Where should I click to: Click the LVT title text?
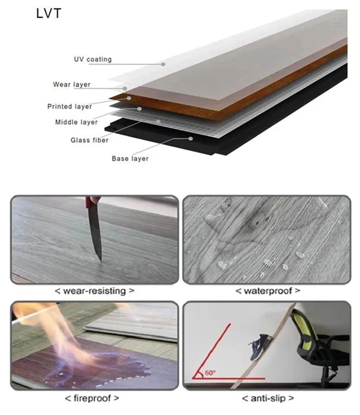click(48, 13)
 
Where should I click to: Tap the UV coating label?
click(93, 59)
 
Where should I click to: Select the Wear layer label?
click(72, 84)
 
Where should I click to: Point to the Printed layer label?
click(70, 107)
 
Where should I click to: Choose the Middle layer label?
click(76, 122)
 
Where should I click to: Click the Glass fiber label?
click(89, 140)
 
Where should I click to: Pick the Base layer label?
click(130, 158)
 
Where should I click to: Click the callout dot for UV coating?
click(163, 64)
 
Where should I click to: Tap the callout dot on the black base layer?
click(191, 139)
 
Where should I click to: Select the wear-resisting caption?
click(95, 291)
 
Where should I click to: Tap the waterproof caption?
click(268, 291)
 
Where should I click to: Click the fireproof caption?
click(92, 398)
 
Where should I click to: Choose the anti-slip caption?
click(268, 398)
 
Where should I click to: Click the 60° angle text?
click(210, 372)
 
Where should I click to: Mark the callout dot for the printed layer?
click(129, 98)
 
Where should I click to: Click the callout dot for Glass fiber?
click(158, 121)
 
